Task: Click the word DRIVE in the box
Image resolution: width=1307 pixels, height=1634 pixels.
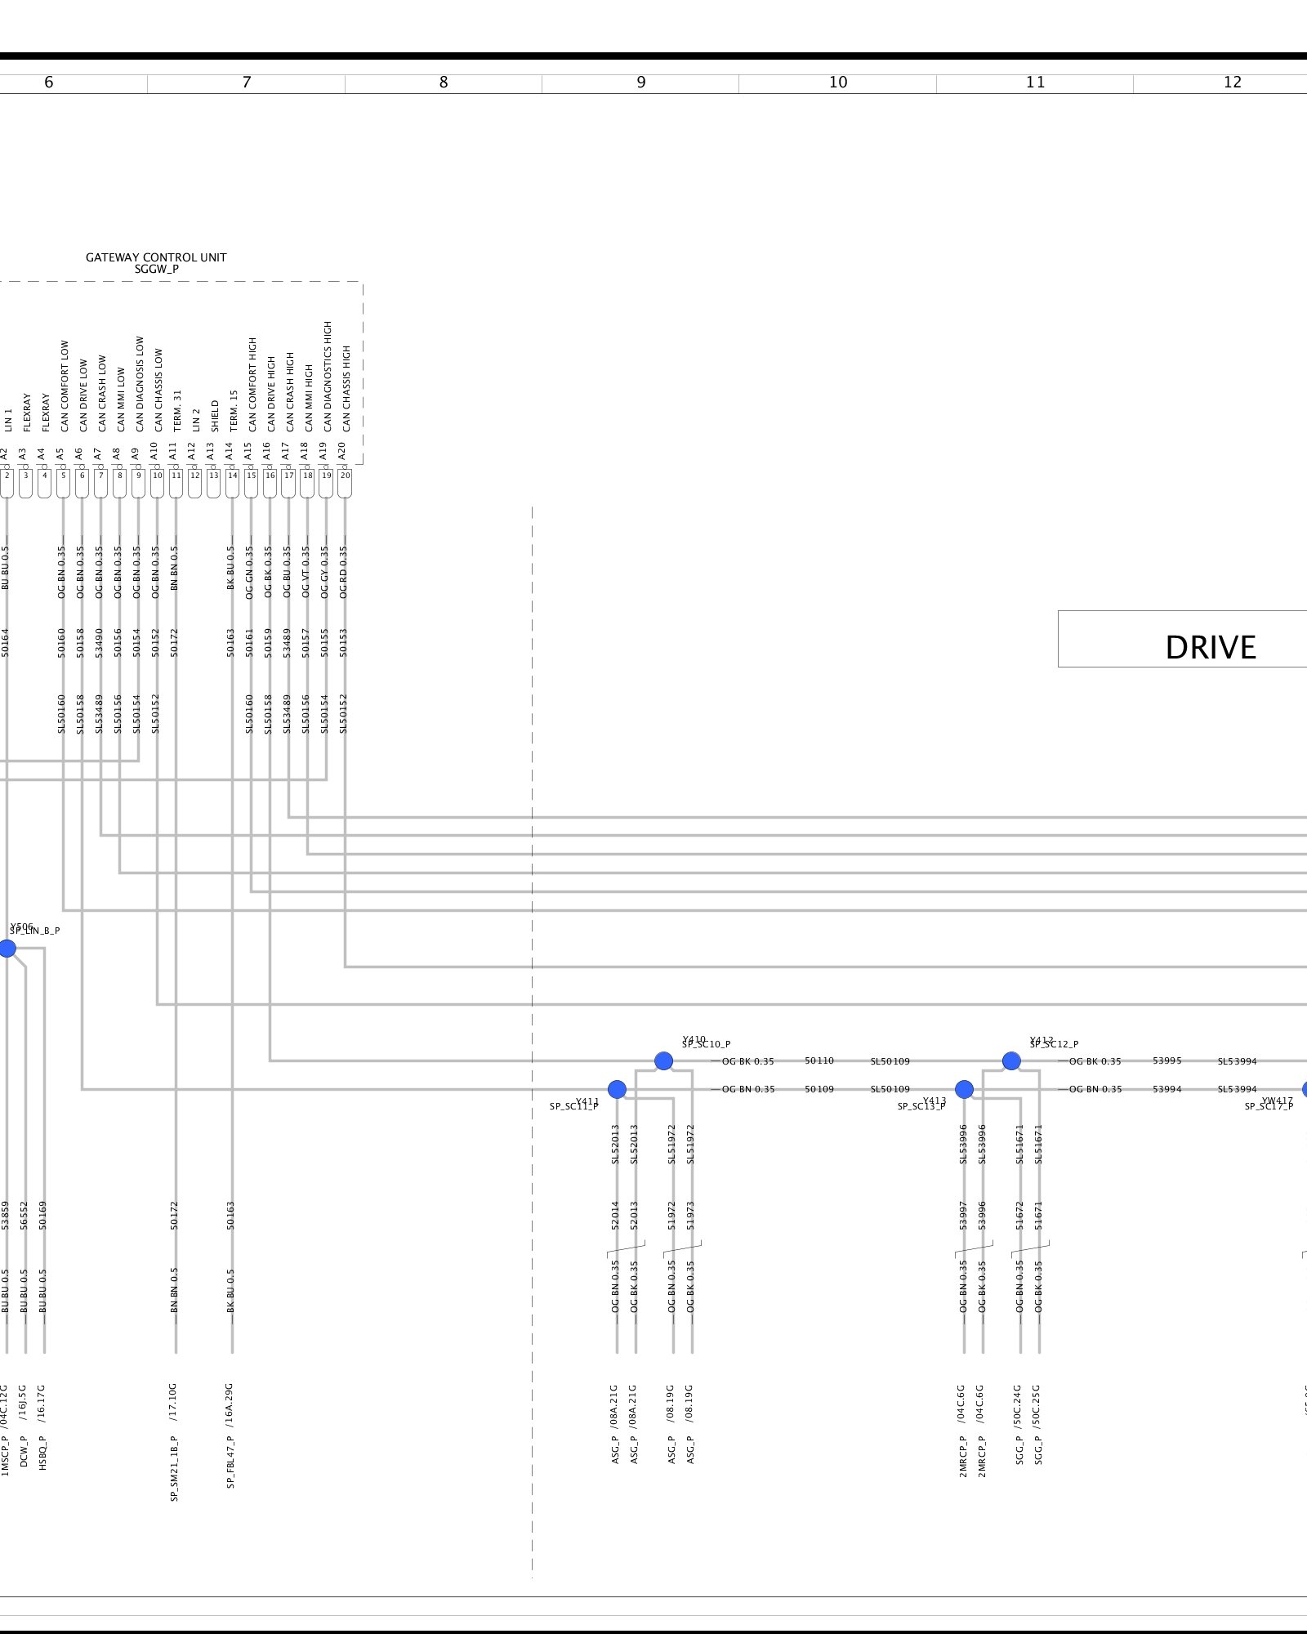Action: click(1210, 647)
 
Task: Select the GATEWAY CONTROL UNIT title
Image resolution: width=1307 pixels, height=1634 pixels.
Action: click(156, 257)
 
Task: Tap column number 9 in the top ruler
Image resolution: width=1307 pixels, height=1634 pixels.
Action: click(641, 83)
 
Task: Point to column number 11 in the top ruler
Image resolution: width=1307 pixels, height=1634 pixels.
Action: click(1035, 83)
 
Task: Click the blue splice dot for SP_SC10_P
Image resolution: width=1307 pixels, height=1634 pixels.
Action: click(664, 1061)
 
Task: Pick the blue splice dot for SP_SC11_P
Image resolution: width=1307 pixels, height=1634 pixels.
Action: click(618, 1089)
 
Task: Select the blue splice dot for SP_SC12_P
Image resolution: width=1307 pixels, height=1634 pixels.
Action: click(1011, 1061)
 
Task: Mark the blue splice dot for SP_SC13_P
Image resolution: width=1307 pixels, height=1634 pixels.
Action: click(965, 1089)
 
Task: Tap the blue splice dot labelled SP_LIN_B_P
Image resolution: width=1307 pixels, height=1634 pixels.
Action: click(7, 949)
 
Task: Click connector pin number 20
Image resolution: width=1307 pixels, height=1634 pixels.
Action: click(345, 475)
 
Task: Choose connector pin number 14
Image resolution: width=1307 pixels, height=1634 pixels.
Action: click(232, 475)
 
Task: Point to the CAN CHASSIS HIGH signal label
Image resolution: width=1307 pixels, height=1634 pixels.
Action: click(346, 389)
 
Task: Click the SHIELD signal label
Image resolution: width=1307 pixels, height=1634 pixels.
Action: click(215, 416)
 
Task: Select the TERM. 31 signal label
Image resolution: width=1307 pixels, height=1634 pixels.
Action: click(177, 410)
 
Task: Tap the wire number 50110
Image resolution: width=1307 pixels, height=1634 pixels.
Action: click(819, 1060)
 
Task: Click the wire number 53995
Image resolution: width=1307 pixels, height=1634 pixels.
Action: click(1166, 1060)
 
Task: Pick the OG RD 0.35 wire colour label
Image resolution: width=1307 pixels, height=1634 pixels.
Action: click(343, 572)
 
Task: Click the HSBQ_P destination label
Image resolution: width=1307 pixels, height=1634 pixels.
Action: click(43, 1453)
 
